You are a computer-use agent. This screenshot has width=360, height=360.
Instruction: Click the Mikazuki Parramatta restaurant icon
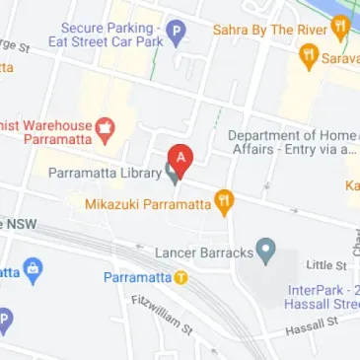225,204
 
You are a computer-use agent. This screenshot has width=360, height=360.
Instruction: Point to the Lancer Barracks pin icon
264,251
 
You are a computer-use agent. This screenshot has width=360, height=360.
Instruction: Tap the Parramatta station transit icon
181,277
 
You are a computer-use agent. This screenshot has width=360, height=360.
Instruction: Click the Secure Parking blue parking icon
175,34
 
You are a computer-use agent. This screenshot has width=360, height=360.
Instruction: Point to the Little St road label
326,265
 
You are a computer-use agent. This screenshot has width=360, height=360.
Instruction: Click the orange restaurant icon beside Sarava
308,57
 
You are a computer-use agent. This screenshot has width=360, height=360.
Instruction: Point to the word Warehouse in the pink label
51,125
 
